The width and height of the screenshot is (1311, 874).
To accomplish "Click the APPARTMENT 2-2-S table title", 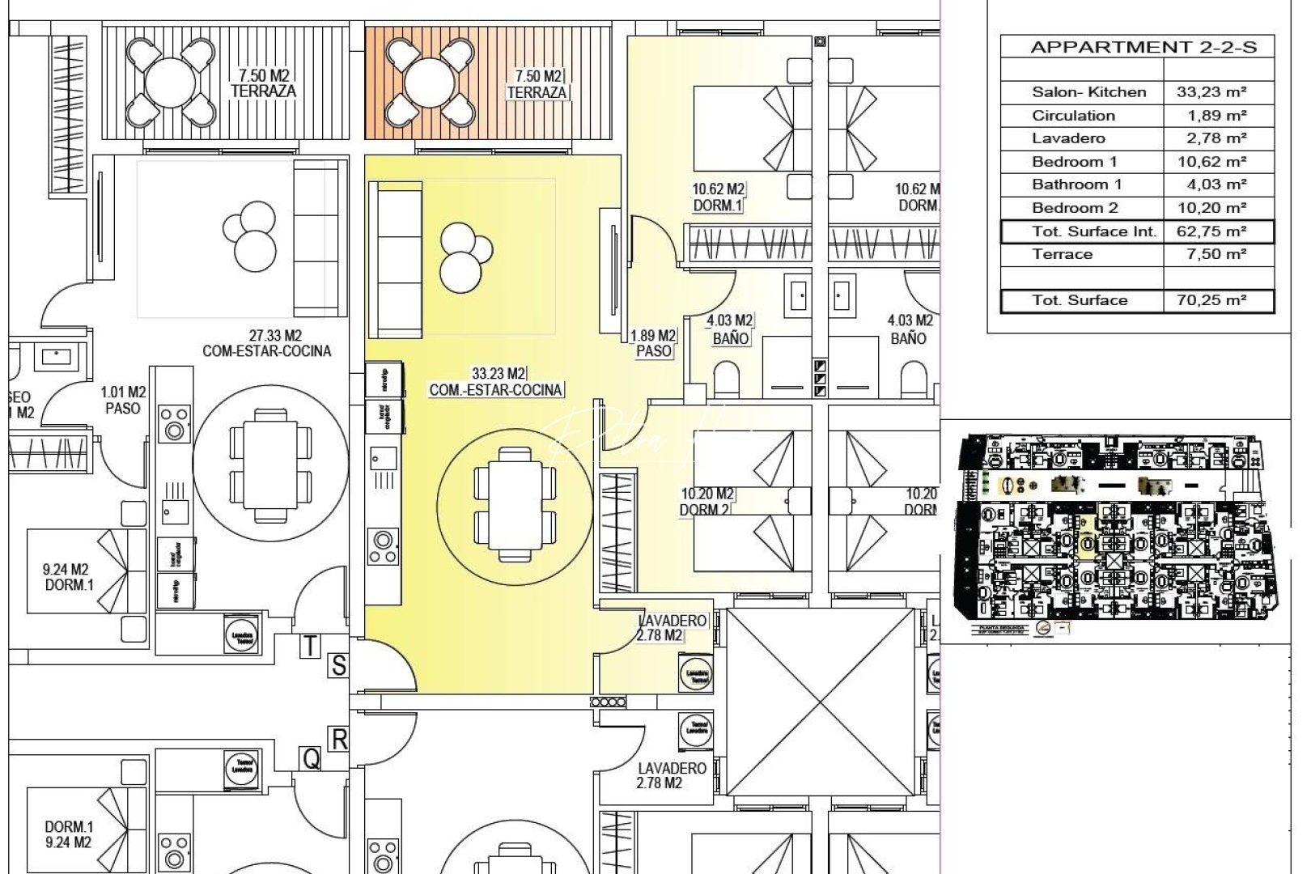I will (x=1143, y=46).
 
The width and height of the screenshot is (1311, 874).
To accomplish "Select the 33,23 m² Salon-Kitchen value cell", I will (x=1211, y=92).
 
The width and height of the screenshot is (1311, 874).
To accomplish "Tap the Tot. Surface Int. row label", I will (x=1094, y=231).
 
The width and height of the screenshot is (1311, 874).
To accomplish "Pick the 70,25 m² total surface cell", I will (x=1211, y=300).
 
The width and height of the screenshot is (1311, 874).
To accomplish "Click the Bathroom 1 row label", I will (x=1076, y=185).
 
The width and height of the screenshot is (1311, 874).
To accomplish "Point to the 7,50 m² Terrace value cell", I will (x=1211, y=254).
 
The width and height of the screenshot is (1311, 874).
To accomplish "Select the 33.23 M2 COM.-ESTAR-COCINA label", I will (x=495, y=382).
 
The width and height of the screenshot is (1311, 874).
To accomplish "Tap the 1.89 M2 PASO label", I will (x=653, y=343).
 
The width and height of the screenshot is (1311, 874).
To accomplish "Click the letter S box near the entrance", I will (x=338, y=665).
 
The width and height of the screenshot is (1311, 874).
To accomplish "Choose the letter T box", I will (x=311, y=646).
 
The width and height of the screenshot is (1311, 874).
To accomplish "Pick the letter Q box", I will (x=311, y=758).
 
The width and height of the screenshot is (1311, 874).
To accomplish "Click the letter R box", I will (x=338, y=738).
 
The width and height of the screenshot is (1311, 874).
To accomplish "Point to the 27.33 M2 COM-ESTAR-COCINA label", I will (x=266, y=343).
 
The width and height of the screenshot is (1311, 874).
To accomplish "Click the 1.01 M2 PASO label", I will (x=123, y=401).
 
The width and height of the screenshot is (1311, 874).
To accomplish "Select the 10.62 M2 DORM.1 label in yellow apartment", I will (x=718, y=197).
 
